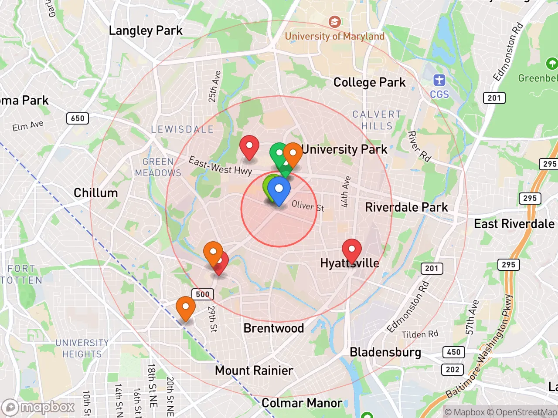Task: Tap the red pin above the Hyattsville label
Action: (351, 250)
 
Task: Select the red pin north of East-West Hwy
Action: (249, 146)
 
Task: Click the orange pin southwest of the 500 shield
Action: (185, 307)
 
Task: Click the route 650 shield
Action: (78, 118)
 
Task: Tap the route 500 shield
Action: (203, 294)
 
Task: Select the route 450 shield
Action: (453, 352)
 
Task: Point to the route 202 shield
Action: (453, 370)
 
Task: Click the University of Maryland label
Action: (334, 36)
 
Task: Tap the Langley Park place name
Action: (146, 30)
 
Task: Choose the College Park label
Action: (369, 82)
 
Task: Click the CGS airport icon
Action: (439, 80)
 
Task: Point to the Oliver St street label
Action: (308, 206)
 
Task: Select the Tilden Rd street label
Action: (419, 334)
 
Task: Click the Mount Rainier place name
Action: (254, 371)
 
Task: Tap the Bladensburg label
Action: (385, 352)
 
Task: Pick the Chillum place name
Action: (95, 193)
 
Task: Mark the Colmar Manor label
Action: (301, 403)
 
